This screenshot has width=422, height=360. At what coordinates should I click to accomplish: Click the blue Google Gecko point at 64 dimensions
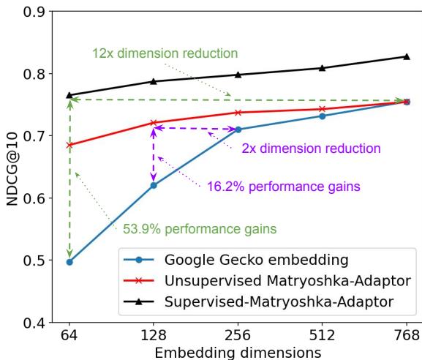[69, 262]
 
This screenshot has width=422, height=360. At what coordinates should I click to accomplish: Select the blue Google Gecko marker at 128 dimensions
[154, 185]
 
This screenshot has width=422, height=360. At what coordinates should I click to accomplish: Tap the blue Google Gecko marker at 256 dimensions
[238, 130]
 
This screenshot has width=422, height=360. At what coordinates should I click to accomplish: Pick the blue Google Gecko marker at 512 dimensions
[322, 116]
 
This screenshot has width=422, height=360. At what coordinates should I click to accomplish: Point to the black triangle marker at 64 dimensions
[69, 95]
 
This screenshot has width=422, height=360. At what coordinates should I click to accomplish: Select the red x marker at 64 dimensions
[69, 145]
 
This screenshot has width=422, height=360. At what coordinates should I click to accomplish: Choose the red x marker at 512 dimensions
[322, 109]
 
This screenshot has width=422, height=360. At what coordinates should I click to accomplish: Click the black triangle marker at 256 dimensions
[238, 75]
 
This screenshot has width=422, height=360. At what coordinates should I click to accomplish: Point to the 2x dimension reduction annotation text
[311, 148]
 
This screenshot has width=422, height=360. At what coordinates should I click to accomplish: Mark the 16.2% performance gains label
[282, 187]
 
